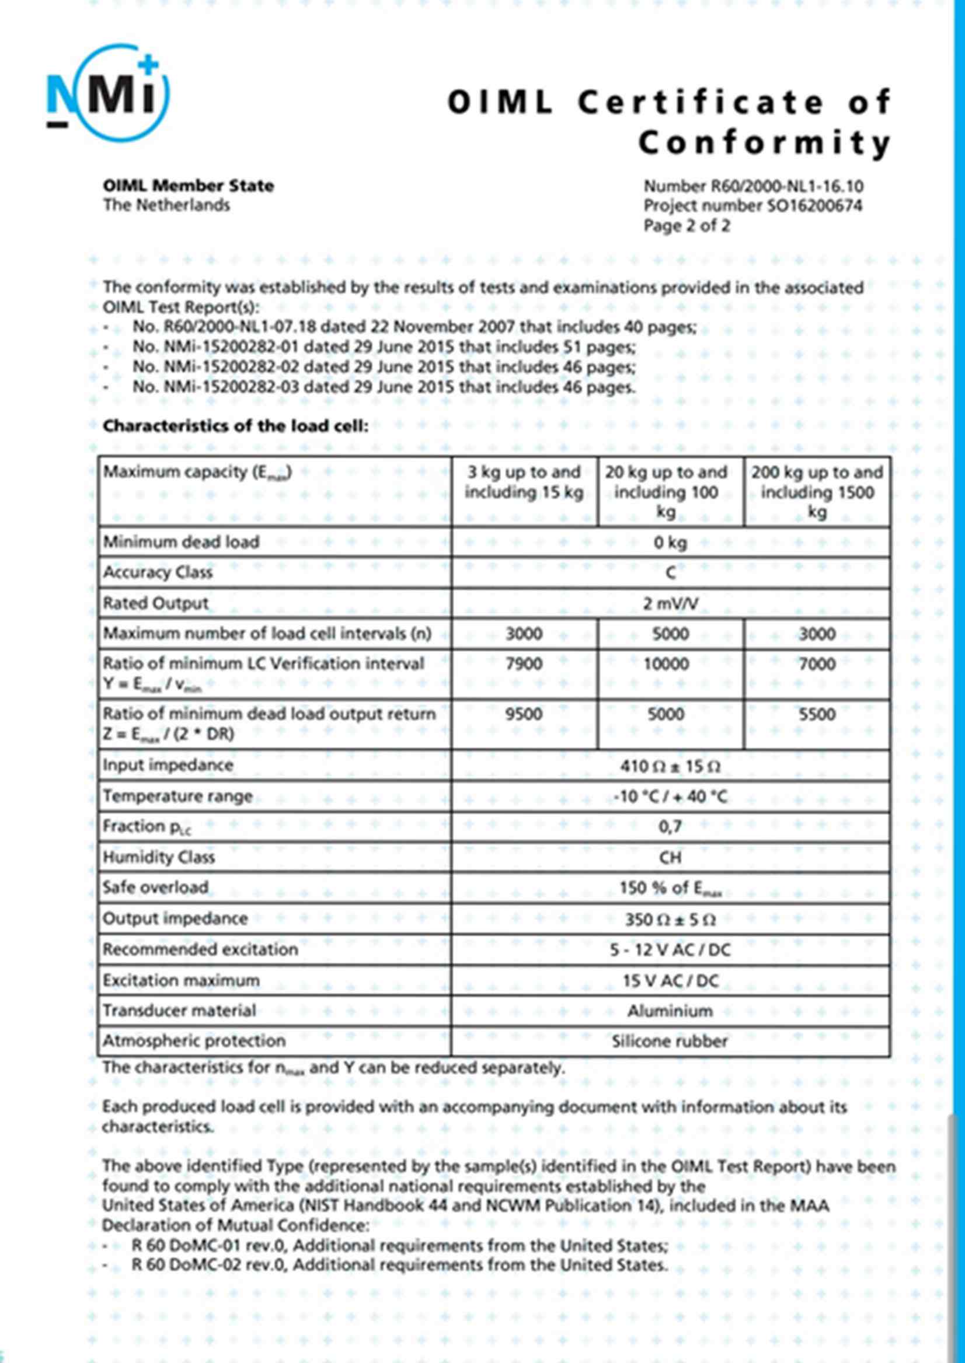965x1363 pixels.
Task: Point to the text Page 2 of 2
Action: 687,226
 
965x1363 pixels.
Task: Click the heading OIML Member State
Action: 189,186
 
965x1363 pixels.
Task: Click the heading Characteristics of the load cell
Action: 235,427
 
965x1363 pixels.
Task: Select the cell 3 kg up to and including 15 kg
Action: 524,483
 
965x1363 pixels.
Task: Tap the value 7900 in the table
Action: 524,664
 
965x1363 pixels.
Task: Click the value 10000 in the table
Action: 667,664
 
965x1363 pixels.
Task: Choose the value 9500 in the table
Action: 524,714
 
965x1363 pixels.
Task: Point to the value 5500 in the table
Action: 817,714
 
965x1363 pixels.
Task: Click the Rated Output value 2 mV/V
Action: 670,604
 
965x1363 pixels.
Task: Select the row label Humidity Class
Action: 159,857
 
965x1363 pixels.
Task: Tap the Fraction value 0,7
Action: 670,826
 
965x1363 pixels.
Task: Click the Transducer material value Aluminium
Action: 670,1011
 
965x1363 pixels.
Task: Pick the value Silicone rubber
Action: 670,1042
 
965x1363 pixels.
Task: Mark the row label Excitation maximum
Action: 181,980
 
